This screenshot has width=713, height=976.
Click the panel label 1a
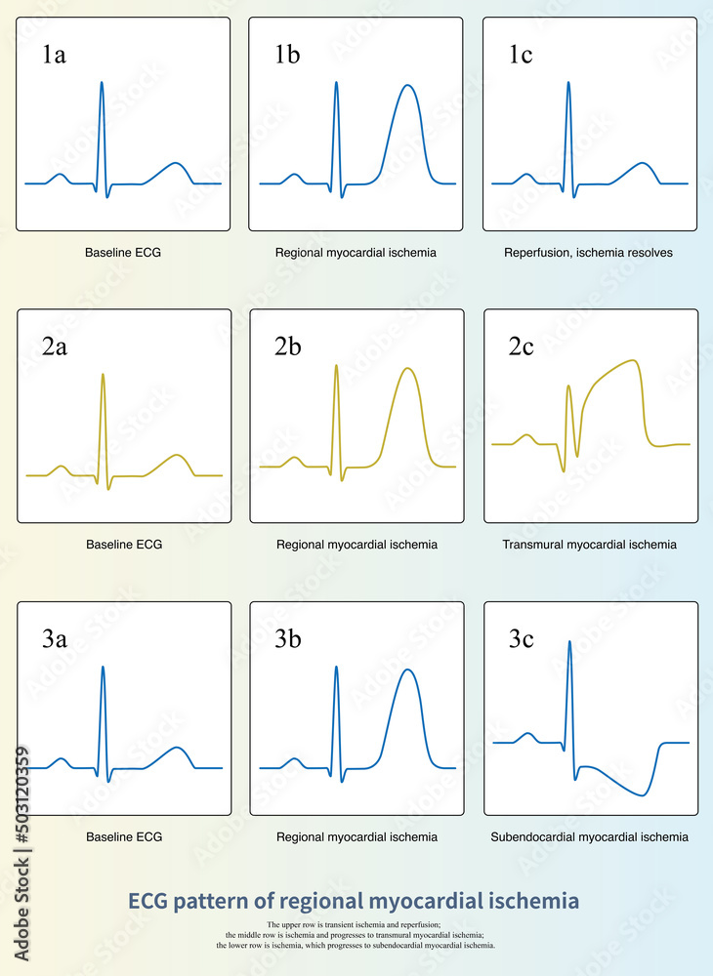click(x=54, y=55)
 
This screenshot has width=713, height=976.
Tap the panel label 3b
click(x=287, y=640)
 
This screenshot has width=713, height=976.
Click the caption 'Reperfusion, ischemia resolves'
click(x=588, y=253)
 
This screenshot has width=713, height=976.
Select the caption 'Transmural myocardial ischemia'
click(x=589, y=545)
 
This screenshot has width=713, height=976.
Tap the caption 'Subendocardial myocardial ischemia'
click(x=589, y=837)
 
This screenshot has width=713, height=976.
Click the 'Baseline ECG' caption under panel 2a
click(x=124, y=545)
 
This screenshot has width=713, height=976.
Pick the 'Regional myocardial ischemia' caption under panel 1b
click(x=356, y=253)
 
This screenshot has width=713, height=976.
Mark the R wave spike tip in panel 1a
click(x=102, y=82)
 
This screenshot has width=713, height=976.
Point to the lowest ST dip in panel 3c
click(x=642, y=794)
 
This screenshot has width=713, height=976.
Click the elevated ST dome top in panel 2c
click(x=635, y=361)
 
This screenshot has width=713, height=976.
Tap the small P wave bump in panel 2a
click(x=61, y=467)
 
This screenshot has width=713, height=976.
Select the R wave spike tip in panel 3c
click(x=569, y=641)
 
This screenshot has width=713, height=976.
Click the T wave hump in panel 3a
click(x=177, y=749)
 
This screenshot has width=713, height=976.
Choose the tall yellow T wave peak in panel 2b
click(x=408, y=369)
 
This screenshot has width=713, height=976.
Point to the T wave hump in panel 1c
click(x=642, y=163)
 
